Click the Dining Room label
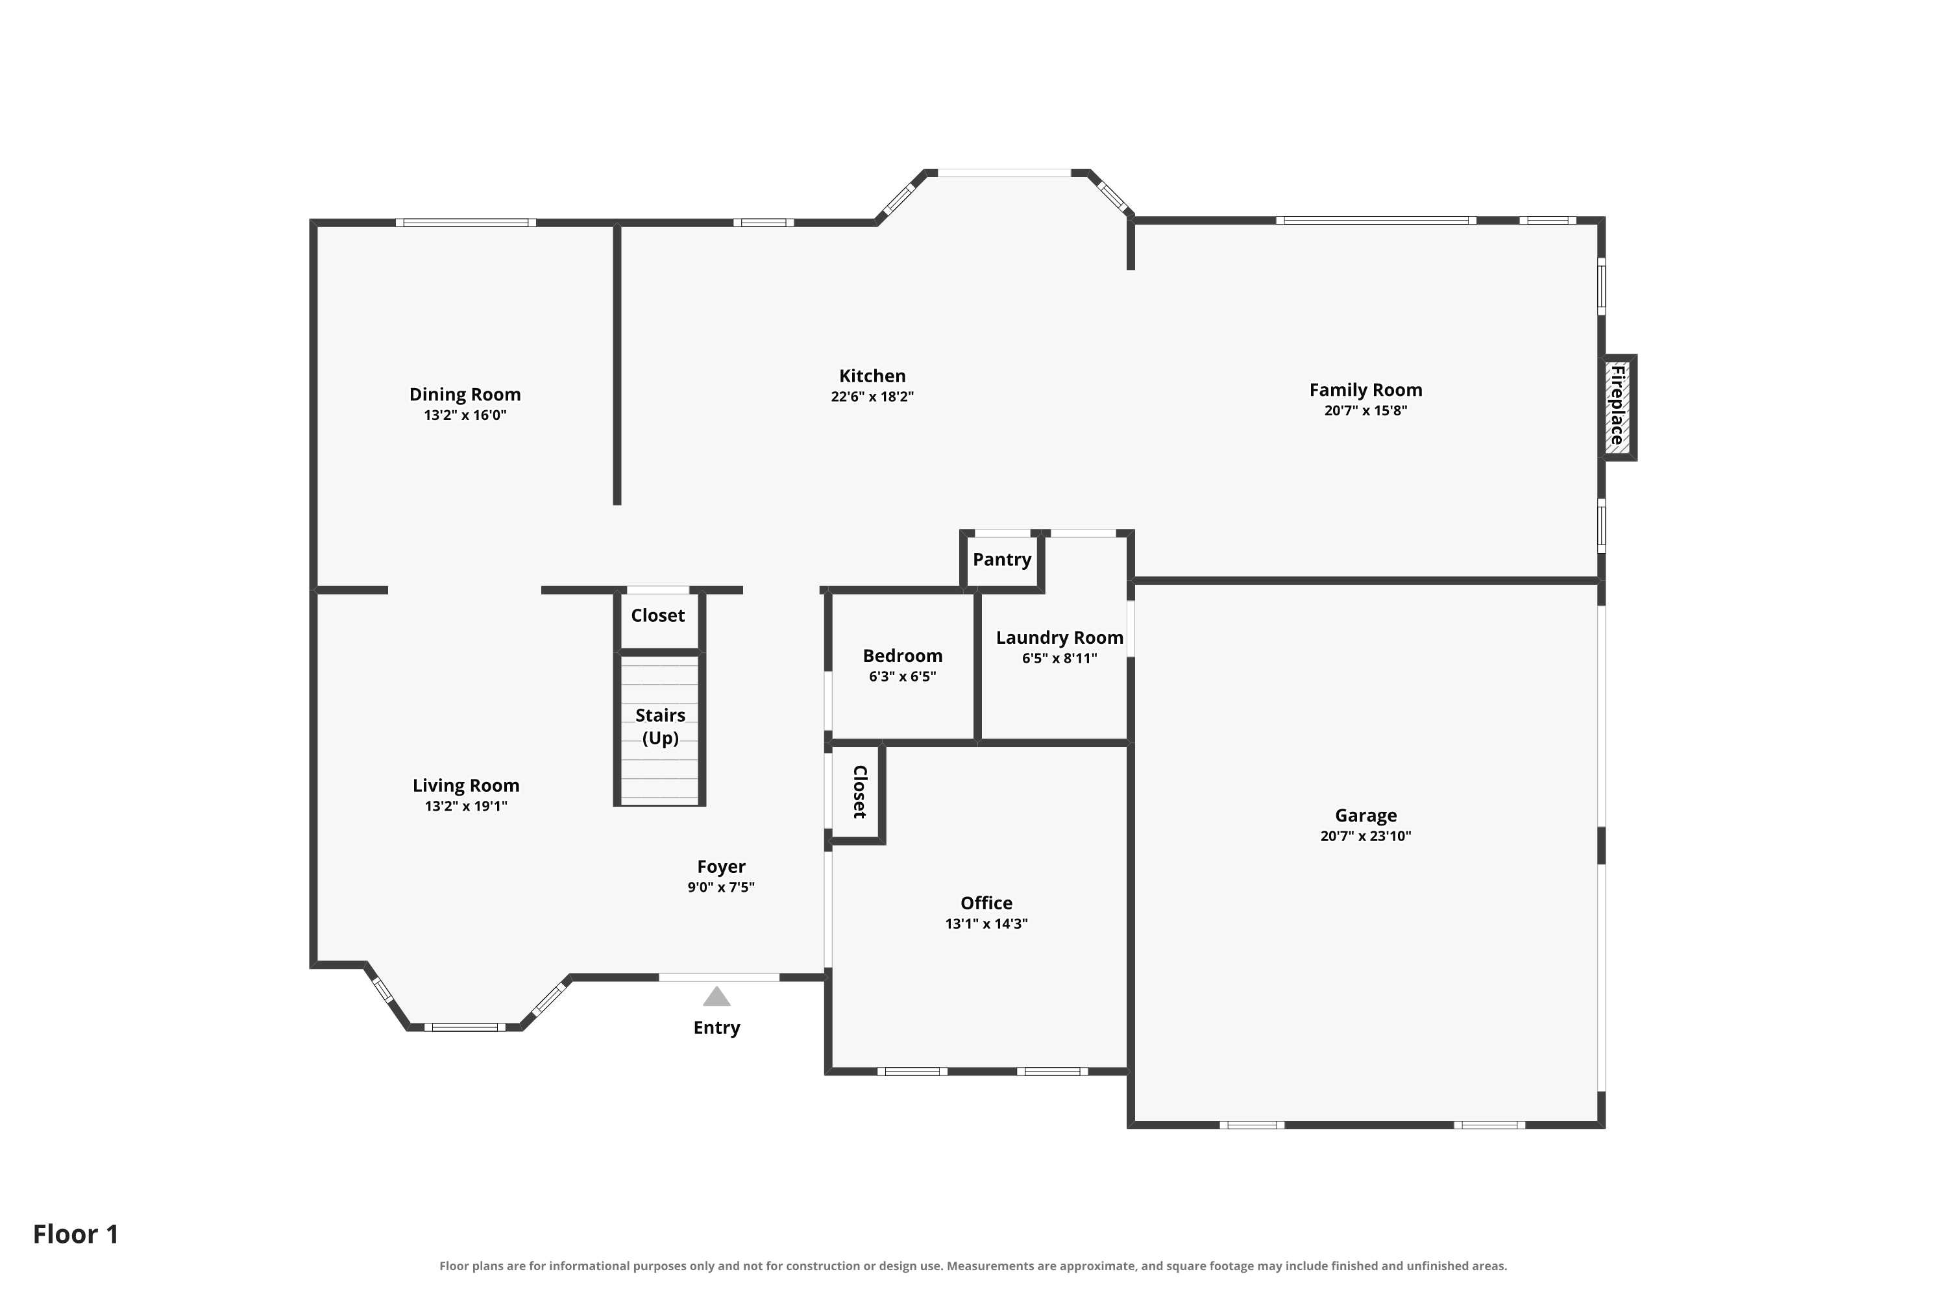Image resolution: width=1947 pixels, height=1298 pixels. click(x=465, y=394)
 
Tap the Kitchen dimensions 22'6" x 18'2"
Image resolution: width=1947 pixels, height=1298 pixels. click(x=872, y=397)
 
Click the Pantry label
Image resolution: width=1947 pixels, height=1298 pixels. click(x=1001, y=559)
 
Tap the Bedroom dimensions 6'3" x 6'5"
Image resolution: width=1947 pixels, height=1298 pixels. click(x=902, y=676)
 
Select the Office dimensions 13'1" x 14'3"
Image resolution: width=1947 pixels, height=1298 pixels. click(x=986, y=924)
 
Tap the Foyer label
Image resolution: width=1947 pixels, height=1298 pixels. click(x=721, y=866)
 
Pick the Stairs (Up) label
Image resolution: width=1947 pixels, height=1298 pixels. click(x=660, y=727)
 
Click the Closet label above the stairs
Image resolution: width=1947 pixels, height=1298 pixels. click(x=657, y=615)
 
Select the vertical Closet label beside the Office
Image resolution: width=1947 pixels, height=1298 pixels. click(x=859, y=792)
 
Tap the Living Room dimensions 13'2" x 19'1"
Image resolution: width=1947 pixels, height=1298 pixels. click(x=466, y=806)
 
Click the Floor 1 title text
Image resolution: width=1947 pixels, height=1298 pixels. click(x=75, y=1234)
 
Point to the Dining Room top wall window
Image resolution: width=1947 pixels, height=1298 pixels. click(x=465, y=223)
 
